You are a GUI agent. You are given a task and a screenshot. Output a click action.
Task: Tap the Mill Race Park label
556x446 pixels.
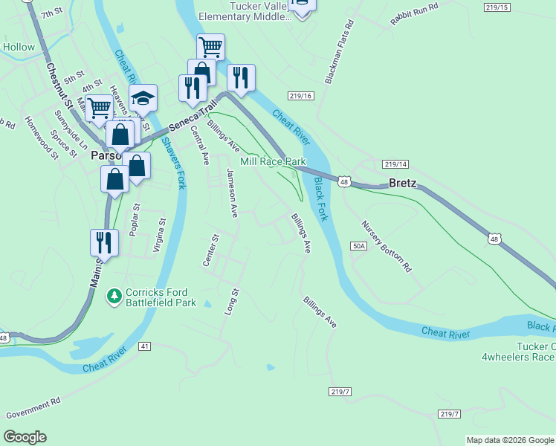pyautogui.click(x=273, y=161)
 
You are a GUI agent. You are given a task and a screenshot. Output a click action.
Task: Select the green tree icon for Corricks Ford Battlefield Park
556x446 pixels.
pyautogui.click(x=114, y=297)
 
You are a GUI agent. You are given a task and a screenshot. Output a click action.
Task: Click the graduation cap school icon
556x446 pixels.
pyautogui.click(x=143, y=98)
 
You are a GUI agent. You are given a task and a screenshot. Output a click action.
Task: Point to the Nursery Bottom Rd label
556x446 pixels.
pyautogui.click(x=387, y=245)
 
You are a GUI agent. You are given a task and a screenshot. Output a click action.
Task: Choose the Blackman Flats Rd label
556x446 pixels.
pyautogui.click(x=340, y=51)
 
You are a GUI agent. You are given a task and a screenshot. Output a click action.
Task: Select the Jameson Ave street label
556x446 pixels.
pyautogui.click(x=233, y=193)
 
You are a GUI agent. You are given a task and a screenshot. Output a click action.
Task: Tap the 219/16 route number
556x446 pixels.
pyautogui.click(x=301, y=96)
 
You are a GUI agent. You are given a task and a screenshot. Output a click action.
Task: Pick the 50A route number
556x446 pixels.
pyautogui.click(x=359, y=245)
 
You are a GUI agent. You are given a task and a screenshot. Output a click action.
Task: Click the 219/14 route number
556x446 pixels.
pyautogui.click(x=395, y=164)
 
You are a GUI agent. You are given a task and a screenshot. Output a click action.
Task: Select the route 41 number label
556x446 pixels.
pyautogui.click(x=144, y=346)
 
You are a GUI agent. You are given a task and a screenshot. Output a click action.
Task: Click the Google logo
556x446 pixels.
pyautogui.click(x=25, y=437)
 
